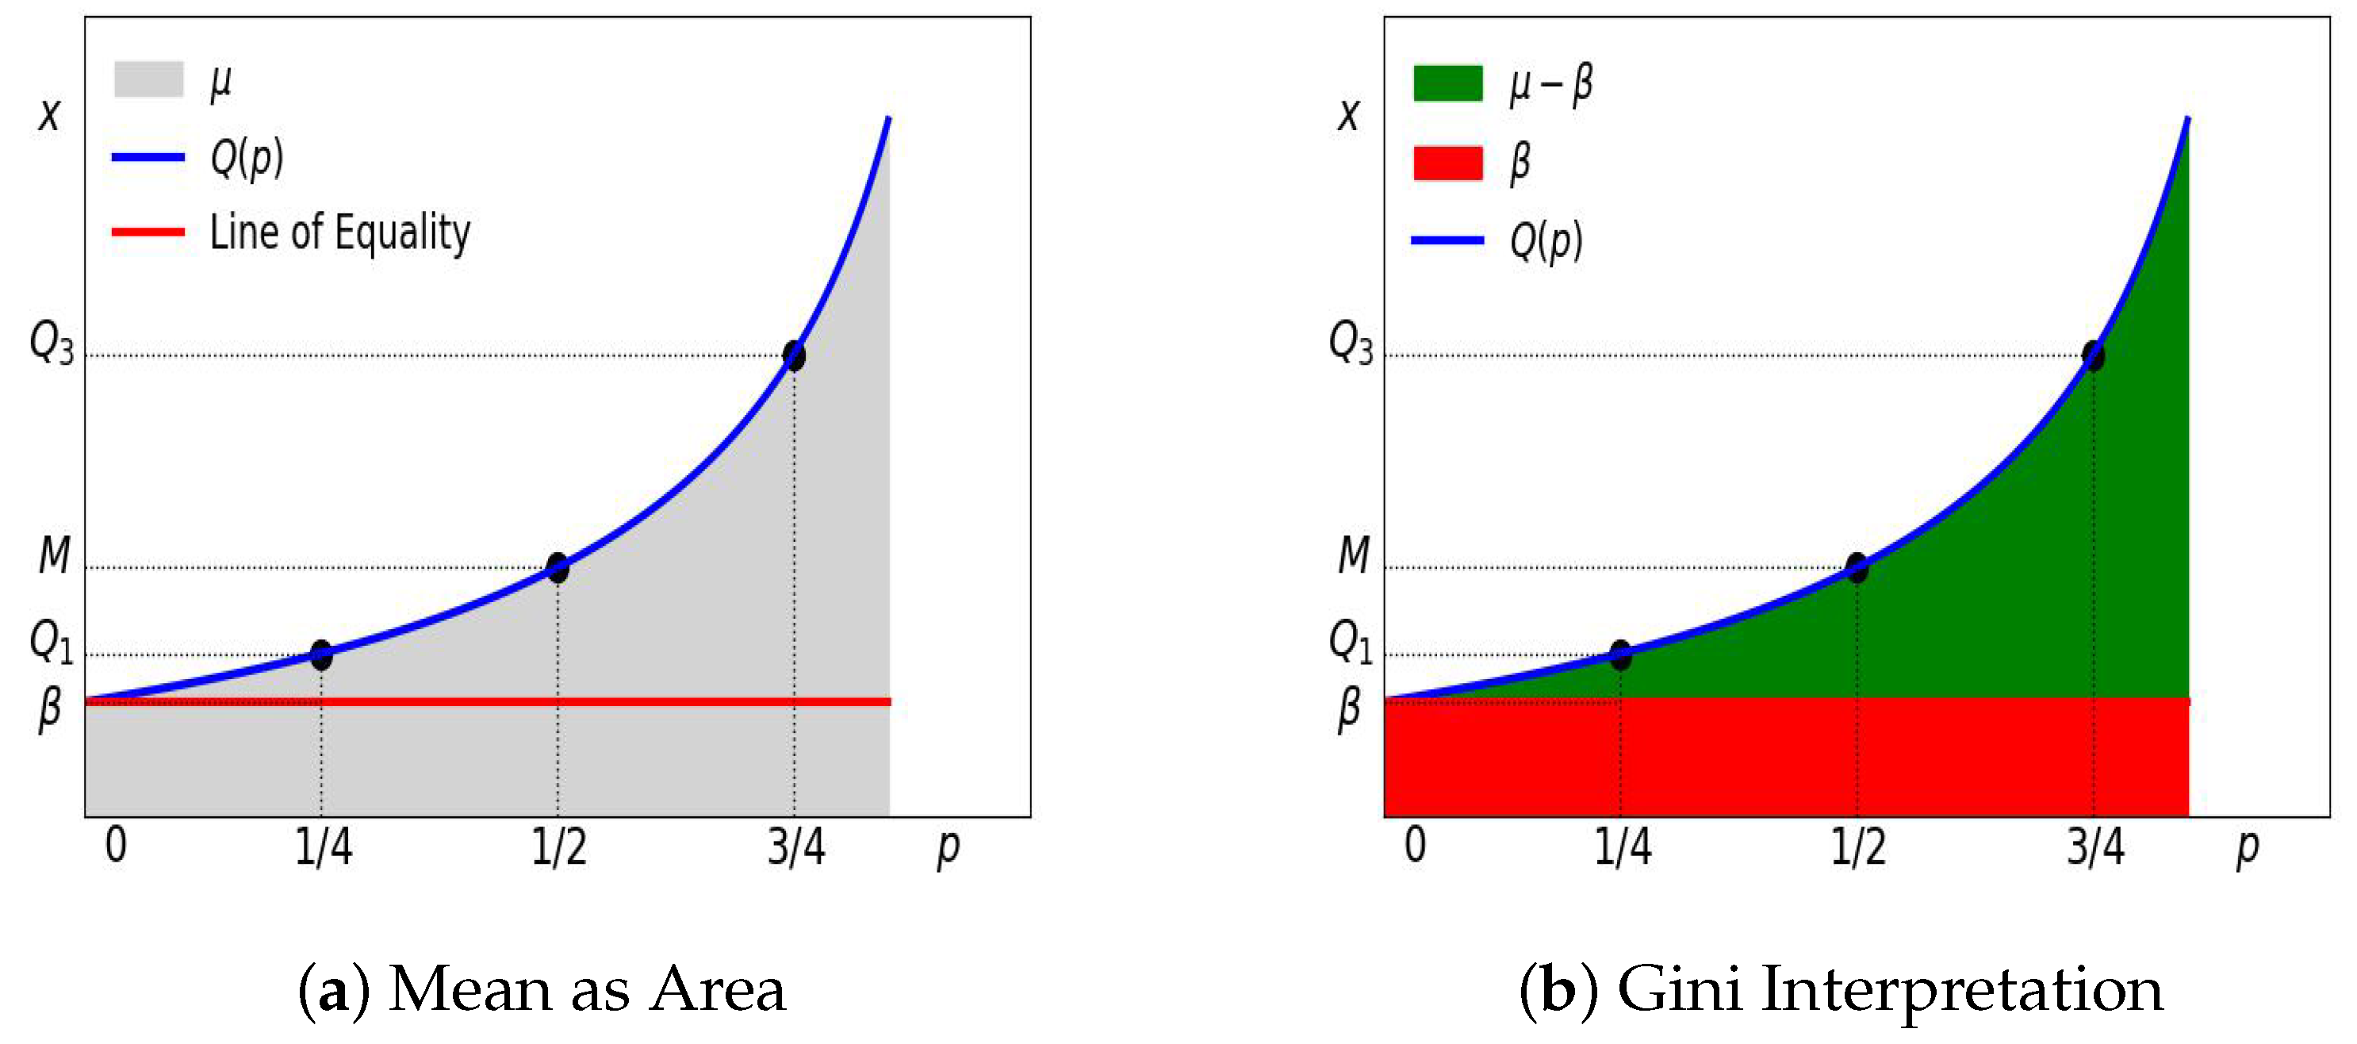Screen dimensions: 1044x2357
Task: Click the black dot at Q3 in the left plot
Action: click(794, 355)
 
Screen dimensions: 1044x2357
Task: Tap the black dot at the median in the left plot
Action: click(558, 567)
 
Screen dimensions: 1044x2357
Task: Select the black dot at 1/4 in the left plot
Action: click(321, 655)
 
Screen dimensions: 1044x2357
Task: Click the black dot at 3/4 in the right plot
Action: click(2094, 355)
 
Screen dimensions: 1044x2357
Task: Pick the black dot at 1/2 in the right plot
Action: click(1857, 567)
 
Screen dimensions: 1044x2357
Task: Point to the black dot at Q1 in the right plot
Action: click(1620, 655)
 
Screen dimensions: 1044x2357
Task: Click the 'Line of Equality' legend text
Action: click(339, 232)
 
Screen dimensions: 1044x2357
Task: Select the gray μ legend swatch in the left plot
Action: click(148, 79)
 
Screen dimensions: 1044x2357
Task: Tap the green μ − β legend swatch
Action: click(1447, 83)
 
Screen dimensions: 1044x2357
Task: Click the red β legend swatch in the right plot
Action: click(1447, 163)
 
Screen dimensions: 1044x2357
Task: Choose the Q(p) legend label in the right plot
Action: click(1546, 241)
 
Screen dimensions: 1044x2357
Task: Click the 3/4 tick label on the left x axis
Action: click(796, 847)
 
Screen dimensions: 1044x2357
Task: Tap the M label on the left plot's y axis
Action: click(55, 555)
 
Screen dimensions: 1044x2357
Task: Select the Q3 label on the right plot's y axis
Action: click(1351, 344)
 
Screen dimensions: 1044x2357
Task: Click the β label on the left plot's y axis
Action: click(50, 709)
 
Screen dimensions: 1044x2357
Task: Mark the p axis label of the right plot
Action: click(2248, 849)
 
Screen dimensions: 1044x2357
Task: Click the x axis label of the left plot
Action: click(49, 116)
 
